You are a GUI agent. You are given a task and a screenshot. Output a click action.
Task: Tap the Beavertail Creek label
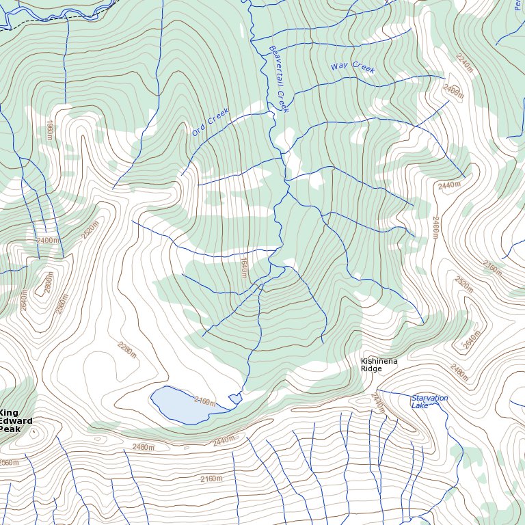(x=279, y=79)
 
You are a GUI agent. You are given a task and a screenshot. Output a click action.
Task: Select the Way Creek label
(x=353, y=67)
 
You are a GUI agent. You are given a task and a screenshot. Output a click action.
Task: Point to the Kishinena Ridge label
(x=379, y=364)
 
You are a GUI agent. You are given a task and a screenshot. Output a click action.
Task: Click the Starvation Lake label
(x=429, y=401)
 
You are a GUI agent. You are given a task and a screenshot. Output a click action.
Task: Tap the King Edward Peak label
(x=16, y=421)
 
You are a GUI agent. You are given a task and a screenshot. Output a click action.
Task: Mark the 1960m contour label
(x=50, y=130)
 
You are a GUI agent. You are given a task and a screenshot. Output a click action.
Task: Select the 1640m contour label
(x=243, y=267)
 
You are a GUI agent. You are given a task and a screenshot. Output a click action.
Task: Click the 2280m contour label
(x=127, y=350)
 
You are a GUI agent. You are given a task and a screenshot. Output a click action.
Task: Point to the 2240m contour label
(x=464, y=63)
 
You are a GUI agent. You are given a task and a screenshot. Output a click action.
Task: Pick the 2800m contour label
(x=48, y=282)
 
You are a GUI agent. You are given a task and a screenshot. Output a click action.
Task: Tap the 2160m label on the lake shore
(x=204, y=400)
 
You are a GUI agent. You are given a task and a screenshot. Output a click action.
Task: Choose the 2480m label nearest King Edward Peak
(x=144, y=446)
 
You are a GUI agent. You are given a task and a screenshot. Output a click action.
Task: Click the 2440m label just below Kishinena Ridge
(x=378, y=402)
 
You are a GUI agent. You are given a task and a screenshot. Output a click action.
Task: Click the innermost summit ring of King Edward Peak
(x=34, y=432)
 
